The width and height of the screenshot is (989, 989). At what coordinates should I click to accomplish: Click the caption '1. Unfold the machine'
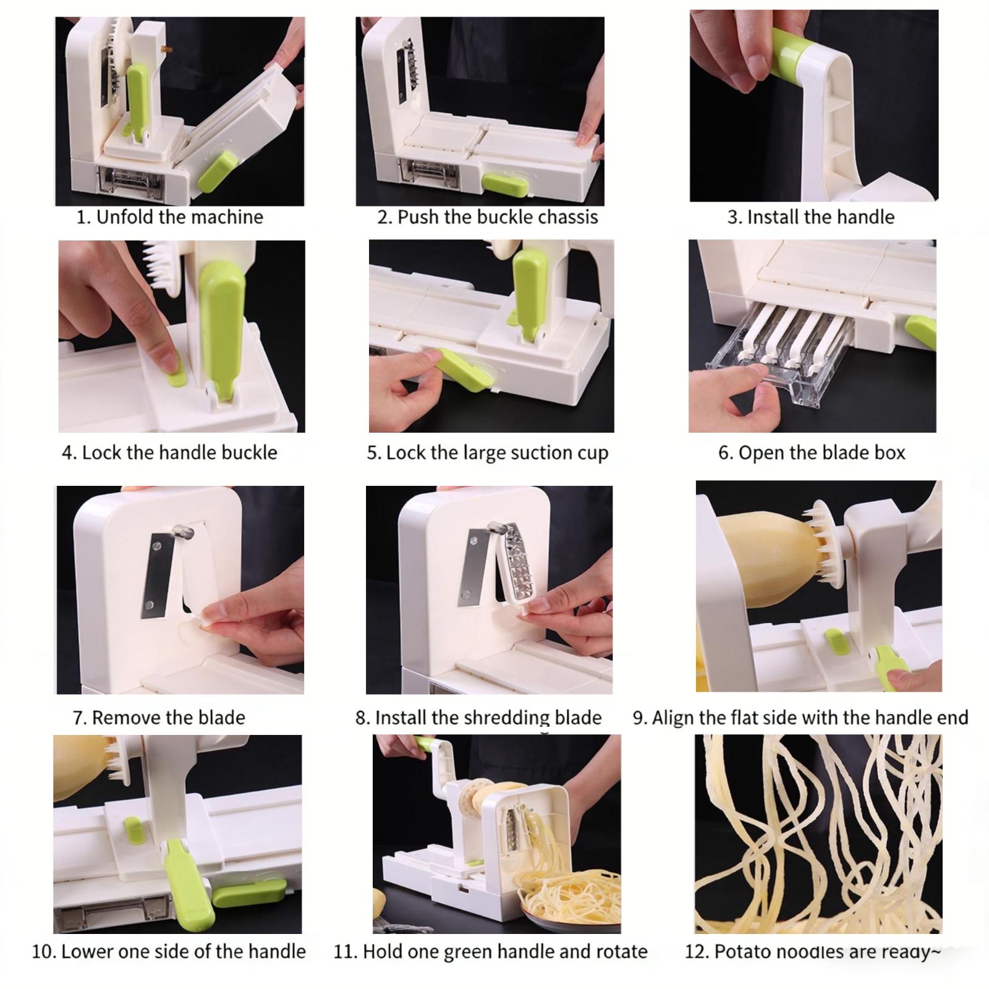pos(169,217)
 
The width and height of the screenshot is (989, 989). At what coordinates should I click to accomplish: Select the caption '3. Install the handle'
pos(810,217)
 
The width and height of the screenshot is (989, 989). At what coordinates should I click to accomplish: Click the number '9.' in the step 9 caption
pos(640,718)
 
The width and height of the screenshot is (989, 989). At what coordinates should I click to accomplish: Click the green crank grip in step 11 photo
pos(424,743)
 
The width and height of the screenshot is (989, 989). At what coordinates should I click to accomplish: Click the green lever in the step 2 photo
pos(504,184)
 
